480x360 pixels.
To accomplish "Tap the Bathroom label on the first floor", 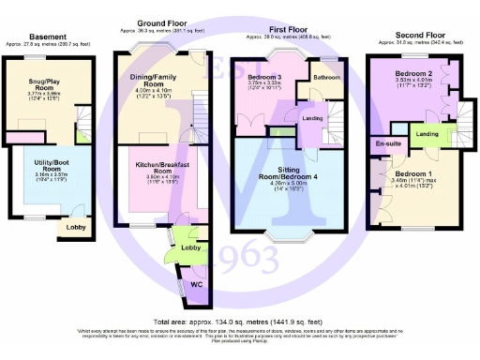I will [x=326, y=76].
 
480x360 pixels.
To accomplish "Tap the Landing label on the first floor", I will [x=311, y=117].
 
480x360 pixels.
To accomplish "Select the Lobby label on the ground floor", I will [x=190, y=247].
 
